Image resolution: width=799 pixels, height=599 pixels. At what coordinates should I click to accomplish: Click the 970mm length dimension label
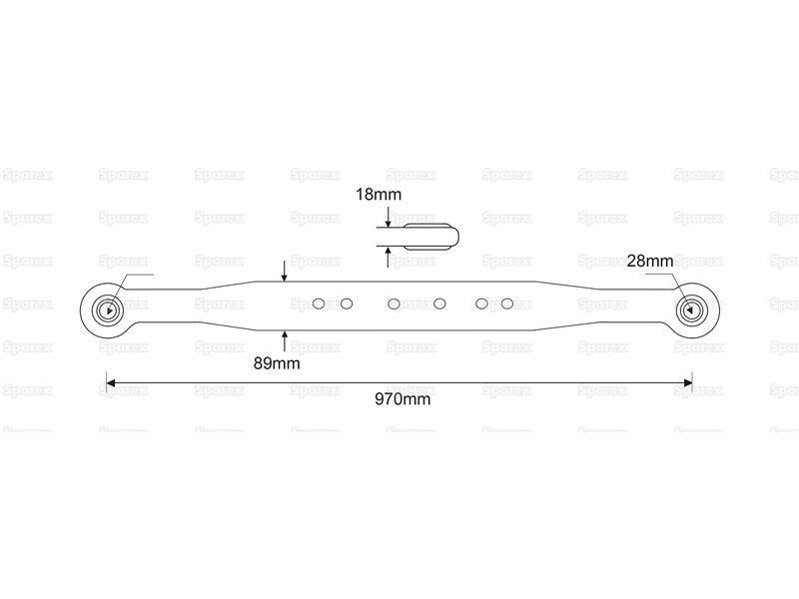pos(402,398)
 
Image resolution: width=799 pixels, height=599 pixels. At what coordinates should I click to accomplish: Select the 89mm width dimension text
pos(277,363)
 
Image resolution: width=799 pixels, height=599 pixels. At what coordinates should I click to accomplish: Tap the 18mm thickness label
pos(379,195)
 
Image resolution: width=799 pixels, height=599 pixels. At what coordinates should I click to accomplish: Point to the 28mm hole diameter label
pos(650,262)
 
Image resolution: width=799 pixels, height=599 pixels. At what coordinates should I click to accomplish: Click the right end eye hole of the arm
pos(691,309)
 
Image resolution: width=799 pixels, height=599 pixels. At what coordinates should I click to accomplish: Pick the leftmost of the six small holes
pos(319,304)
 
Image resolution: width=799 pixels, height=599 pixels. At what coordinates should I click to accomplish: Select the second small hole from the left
pos(347,304)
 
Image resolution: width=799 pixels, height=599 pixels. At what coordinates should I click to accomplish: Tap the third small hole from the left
pos(394,304)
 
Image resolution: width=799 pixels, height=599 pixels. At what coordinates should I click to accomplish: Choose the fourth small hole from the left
pos(439,304)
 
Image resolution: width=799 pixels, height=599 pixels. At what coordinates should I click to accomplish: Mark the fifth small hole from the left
pos(481,304)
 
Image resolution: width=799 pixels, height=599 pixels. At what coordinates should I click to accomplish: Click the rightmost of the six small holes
pos(507,304)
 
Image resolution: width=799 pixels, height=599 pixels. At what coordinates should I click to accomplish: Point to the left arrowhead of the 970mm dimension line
pos(110,382)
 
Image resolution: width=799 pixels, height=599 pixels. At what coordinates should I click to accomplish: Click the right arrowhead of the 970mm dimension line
pos(688,382)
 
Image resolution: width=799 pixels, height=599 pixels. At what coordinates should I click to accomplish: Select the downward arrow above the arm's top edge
pos(285,271)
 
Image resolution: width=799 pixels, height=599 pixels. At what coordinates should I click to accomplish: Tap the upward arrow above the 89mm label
pos(285,340)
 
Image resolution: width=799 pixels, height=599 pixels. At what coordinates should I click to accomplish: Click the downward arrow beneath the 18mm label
pos(389,217)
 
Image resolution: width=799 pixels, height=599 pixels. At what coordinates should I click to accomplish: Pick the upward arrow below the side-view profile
pos(389,258)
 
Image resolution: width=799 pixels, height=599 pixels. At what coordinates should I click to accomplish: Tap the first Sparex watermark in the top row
pos(28,176)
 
